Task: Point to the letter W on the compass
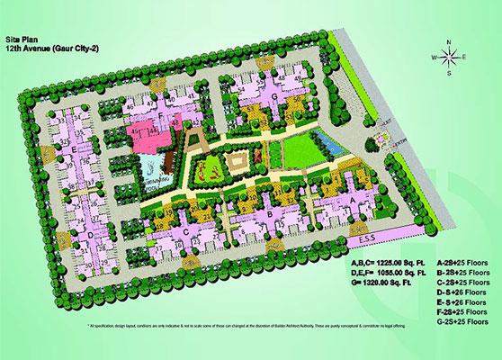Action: [435, 58]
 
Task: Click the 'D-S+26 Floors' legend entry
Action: [462, 292]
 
